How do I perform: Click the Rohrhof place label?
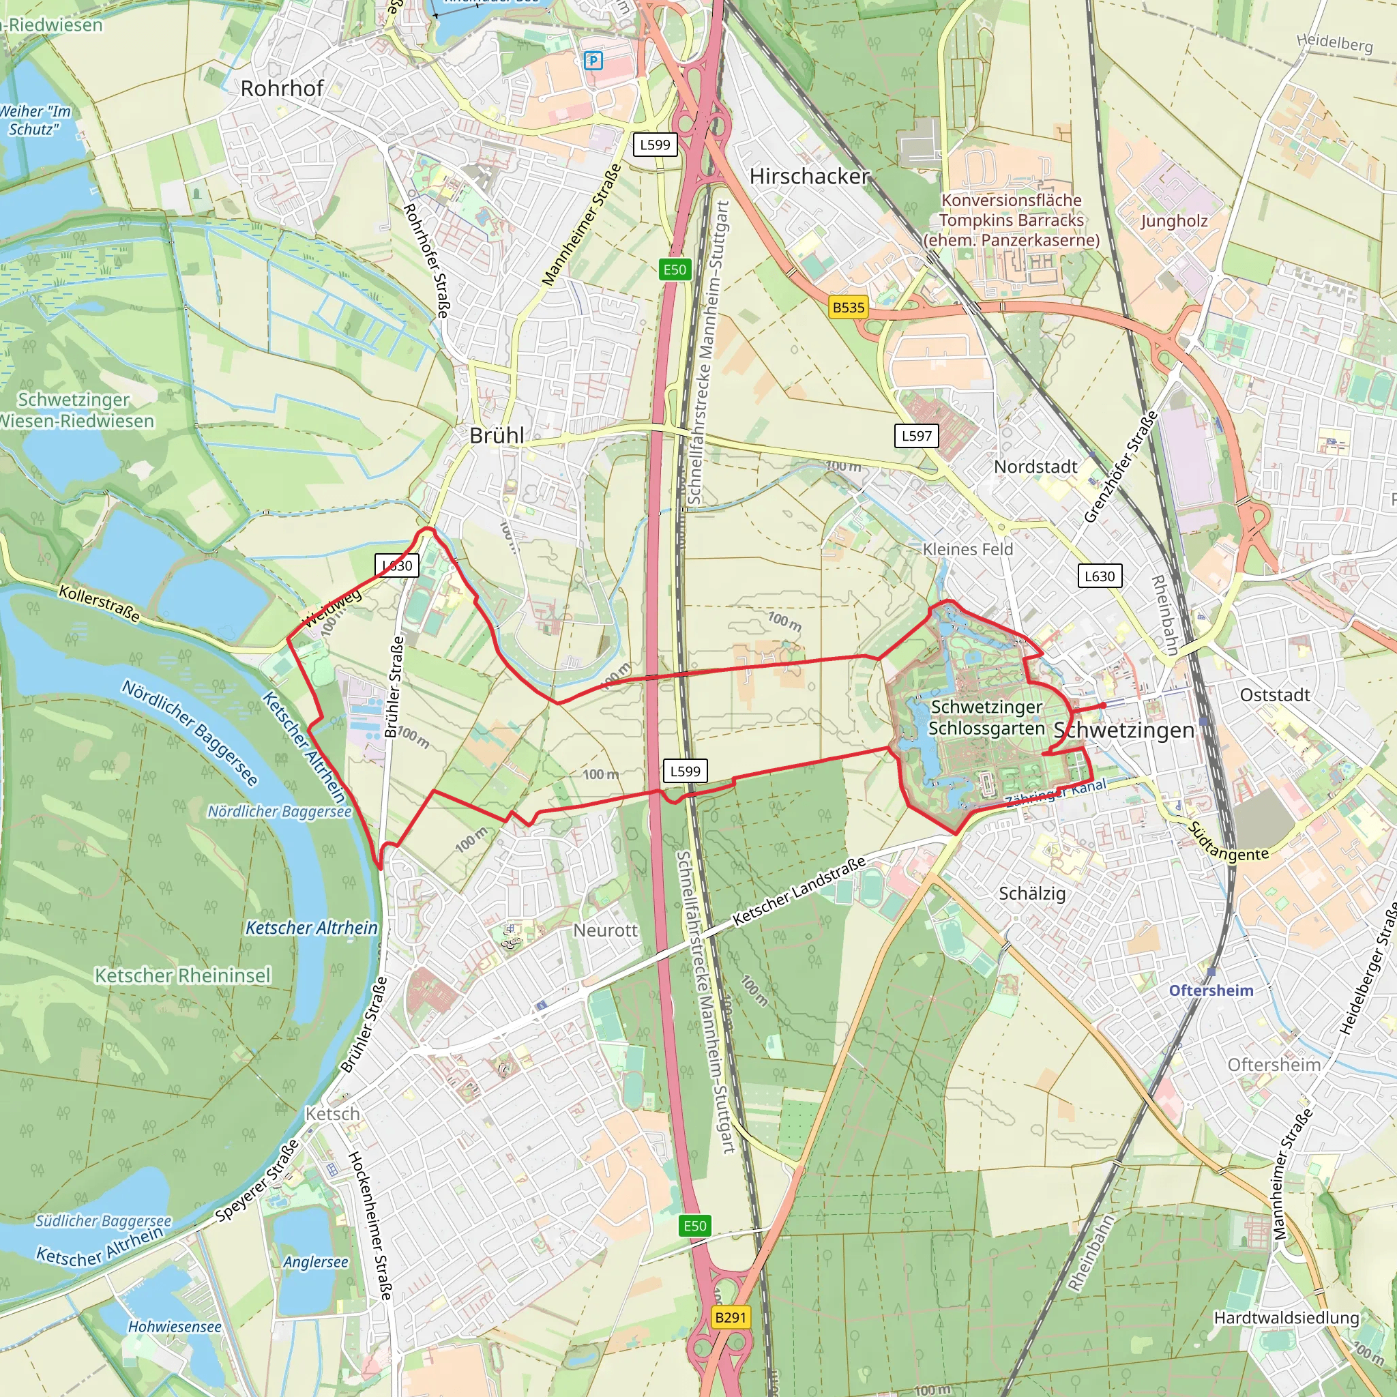point(282,88)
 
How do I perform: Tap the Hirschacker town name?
point(809,176)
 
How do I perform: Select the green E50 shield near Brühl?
point(675,269)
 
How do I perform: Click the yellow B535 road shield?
point(848,308)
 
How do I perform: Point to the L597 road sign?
point(916,435)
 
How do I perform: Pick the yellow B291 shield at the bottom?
point(730,1317)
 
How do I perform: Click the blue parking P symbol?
point(593,61)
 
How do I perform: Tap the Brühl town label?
point(496,435)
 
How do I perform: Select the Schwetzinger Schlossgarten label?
point(986,718)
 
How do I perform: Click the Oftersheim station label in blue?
point(1211,990)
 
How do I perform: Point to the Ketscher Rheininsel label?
point(183,975)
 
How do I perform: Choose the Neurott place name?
point(605,930)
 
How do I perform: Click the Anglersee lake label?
point(315,1262)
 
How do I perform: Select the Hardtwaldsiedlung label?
point(1286,1317)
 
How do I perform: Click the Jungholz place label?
point(1175,220)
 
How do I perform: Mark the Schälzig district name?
point(1032,893)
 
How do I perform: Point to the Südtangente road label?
point(1229,843)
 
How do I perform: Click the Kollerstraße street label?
point(99,604)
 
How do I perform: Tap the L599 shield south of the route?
point(685,771)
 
